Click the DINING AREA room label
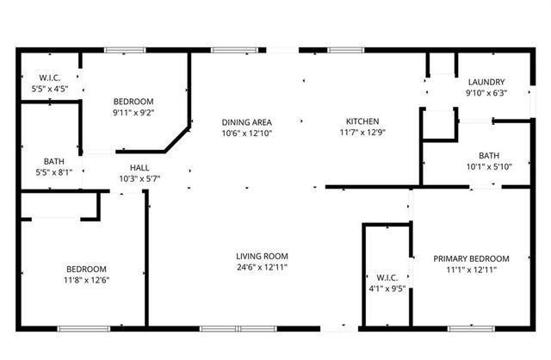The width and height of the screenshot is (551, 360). point(247,122)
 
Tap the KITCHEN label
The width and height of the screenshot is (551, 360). point(362,121)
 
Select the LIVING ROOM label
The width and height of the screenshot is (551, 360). point(263,256)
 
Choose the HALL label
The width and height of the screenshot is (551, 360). point(139,168)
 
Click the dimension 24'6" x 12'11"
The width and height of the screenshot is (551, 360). point(263,267)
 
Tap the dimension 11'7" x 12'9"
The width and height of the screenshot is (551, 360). point(362,133)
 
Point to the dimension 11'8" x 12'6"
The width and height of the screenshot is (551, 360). point(86,280)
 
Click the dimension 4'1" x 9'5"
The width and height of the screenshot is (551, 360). point(387,289)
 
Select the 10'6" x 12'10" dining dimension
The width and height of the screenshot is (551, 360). point(247,133)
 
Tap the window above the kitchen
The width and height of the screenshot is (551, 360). point(340,50)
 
